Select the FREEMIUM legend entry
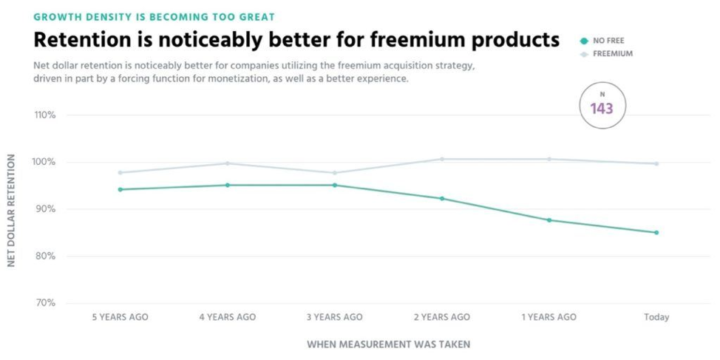pyautogui.click(x=612, y=54)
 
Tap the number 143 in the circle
pyautogui.click(x=602, y=109)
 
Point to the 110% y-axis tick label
pyautogui.click(x=44, y=115)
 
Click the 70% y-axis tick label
pyautogui.click(x=46, y=303)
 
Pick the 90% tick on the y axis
pyautogui.click(x=46, y=209)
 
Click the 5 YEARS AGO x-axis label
pyautogui.click(x=120, y=317)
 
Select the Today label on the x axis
pyautogui.click(x=656, y=317)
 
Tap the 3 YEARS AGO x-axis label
pyautogui.click(x=334, y=317)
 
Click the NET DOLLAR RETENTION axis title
pyautogui.click(x=12, y=211)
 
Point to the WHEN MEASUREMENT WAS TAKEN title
pyautogui.click(x=388, y=344)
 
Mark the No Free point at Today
pyautogui.click(x=656, y=233)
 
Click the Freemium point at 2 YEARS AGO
pyautogui.click(x=442, y=159)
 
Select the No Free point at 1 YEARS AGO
pyautogui.click(x=549, y=220)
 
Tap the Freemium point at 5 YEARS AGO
pyautogui.click(x=120, y=172)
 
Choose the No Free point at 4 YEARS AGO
pyautogui.click(x=227, y=185)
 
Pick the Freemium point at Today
pyautogui.click(x=656, y=163)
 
